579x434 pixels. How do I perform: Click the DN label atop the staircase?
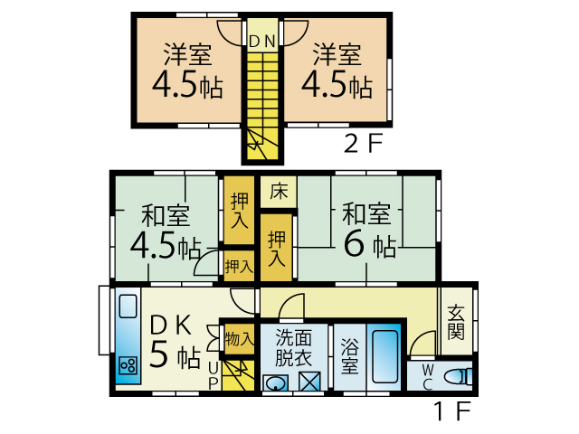coord(262,42)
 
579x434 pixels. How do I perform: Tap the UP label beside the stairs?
coord(214,376)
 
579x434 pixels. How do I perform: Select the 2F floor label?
coord(364,144)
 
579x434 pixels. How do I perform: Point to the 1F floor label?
coord(452,410)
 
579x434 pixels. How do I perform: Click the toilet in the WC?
coord(458,377)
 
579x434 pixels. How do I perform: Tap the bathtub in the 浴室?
coord(384,356)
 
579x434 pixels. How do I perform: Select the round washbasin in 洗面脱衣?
coord(275,383)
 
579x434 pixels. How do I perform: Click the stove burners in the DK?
coord(128,366)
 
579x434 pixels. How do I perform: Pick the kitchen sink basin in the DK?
coord(128,307)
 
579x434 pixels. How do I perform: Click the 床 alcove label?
coord(279,192)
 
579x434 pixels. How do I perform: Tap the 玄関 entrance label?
coord(456,322)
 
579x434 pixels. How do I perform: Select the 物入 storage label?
coord(239,339)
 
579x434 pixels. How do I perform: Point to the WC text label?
coord(428,376)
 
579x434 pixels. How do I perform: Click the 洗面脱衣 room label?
coord(293,347)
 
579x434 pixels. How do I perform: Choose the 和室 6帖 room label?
coord(367,230)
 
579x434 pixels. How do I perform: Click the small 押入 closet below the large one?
coord(239,267)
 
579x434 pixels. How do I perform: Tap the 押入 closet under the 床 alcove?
coord(277,248)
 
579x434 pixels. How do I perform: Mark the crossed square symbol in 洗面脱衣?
coord(309,382)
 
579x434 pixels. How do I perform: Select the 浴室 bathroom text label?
coord(349,355)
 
